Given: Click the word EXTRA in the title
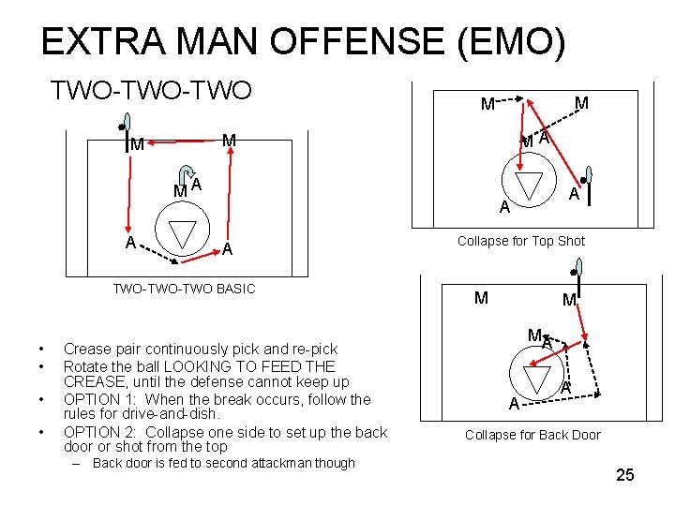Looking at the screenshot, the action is tap(103, 41).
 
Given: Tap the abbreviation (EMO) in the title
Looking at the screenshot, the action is tap(511, 42).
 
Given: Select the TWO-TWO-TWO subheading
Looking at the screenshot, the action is tap(151, 90).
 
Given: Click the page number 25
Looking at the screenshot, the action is tap(624, 475).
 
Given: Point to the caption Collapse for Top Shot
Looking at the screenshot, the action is tap(521, 241).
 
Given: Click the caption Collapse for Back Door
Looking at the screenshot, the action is tap(532, 435).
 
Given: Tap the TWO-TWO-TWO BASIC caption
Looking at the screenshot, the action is tap(185, 289).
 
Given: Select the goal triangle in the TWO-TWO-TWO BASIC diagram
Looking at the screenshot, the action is tap(182, 234).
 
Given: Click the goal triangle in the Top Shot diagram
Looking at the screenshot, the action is tap(529, 186).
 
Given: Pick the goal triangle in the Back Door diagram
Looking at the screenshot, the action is tap(536, 379).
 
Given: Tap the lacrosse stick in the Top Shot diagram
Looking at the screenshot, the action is tap(588, 185).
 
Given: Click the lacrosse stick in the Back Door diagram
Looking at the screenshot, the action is tap(577, 277).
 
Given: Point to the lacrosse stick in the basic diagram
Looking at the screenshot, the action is tap(126, 132).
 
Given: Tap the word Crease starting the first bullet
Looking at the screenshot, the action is tap(85, 349).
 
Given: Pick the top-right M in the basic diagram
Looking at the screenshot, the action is tap(229, 141).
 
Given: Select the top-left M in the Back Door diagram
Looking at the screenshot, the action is tap(481, 298).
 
